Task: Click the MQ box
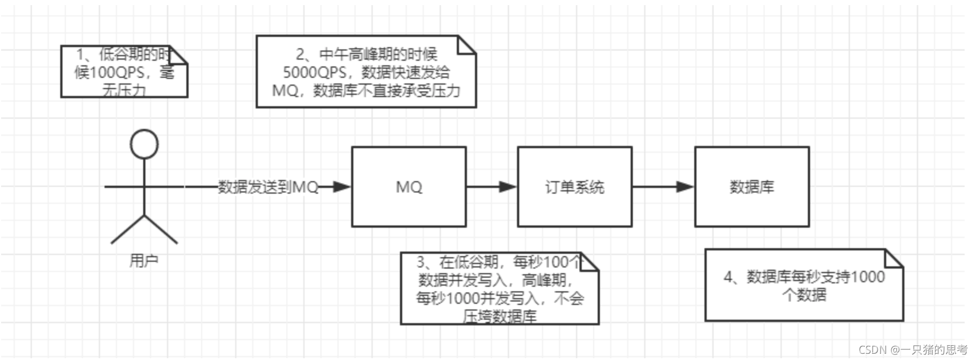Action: [x=408, y=187]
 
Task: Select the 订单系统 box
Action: [x=574, y=187]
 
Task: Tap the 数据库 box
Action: [x=752, y=187]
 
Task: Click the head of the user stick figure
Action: [x=144, y=144]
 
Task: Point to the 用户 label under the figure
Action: [x=144, y=261]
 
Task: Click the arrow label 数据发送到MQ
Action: [x=268, y=187]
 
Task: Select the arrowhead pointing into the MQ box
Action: [x=342, y=187]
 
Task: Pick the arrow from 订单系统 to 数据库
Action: [x=664, y=187]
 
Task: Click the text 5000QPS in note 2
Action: [x=315, y=73]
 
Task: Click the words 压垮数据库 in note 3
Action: [x=500, y=316]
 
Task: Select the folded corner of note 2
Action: [x=466, y=45]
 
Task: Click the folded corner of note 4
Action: [x=894, y=258]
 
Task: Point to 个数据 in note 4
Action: [x=804, y=295]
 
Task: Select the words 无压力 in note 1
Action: [x=124, y=90]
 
